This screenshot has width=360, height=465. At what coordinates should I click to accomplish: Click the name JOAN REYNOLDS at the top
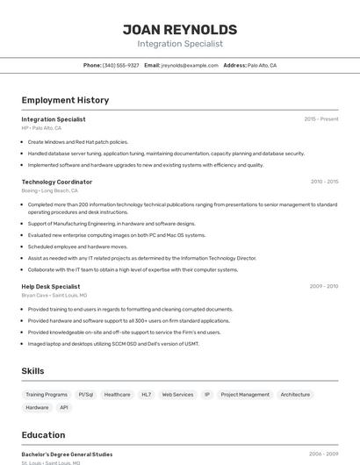click(x=180, y=29)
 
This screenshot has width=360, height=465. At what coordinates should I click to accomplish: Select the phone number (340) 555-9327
click(x=120, y=65)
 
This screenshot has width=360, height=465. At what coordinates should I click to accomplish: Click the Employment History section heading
click(x=65, y=100)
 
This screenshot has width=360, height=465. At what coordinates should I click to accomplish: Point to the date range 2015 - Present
click(x=321, y=118)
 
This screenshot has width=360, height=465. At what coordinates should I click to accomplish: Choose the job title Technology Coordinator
click(x=57, y=182)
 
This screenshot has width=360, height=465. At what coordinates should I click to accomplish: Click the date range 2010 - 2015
click(x=324, y=182)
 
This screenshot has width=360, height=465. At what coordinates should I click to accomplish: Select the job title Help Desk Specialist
click(x=51, y=286)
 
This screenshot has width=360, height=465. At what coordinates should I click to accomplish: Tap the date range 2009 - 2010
click(x=324, y=286)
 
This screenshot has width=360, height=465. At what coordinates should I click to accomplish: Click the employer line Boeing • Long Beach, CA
click(x=50, y=190)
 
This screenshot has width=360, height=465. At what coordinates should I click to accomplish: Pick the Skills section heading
click(x=33, y=371)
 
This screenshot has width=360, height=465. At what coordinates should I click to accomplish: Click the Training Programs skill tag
click(x=47, y=395)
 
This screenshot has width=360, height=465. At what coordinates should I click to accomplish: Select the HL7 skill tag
click(x=146, y=395)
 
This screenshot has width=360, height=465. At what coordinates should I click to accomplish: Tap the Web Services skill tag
click(x=177, y=395)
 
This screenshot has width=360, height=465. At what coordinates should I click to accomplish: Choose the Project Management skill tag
click(x=245, y=395)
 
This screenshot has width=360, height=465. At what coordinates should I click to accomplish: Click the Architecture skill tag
click(x=295, y=395)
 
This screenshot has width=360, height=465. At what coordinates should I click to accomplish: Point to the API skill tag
click(x=64, y=408)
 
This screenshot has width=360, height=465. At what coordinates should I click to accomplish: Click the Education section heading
click(x=43, y=434)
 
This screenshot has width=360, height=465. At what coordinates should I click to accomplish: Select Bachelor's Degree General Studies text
click(x=67, y=454)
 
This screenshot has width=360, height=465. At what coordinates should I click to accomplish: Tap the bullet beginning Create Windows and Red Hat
click(x=77, y=141)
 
